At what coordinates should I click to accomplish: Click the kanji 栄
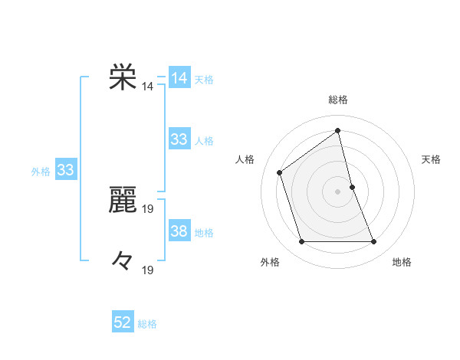(123, 78)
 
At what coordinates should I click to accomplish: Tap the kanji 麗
(123, 201)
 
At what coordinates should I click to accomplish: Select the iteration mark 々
(123, 262)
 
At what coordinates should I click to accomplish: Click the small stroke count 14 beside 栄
(147, 87)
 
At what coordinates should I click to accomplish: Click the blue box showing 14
(179, 78)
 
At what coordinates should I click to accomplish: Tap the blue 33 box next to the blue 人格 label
(179, 139)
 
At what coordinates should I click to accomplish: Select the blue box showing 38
(179, 231)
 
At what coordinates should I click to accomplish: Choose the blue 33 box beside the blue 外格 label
(65, 170)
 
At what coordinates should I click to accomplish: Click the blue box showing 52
(123, 322)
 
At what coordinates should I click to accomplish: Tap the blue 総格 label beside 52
(147, 324)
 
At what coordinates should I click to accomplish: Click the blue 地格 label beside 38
(204, 233)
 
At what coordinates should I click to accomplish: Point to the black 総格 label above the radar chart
(338, 100)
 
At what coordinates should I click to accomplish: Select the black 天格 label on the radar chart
(432, 159)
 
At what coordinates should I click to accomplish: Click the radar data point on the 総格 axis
(338, 130)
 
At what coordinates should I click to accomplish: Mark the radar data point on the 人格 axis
(280, 172)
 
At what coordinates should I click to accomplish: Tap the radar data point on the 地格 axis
(374, 242)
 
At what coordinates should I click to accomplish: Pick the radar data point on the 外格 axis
(301, 242)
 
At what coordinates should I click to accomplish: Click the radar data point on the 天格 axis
(352, 187)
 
